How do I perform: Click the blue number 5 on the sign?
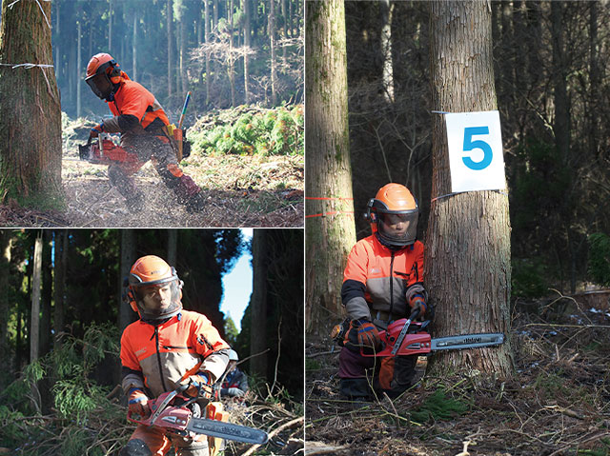click(x=477, y=148)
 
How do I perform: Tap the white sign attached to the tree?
click(x=475, y=151)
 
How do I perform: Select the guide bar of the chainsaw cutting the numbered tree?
click(x=467, y=341)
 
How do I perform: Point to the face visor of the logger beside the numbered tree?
click(x=397, y=228)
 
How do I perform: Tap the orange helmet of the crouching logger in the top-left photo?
click(x=99, y=64)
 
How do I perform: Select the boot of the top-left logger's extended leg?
click(x=189, y=188)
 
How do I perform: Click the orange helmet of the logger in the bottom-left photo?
click(x=151, y=269)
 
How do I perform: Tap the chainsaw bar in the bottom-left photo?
click(x=228, y=430)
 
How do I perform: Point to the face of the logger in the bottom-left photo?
click(x=155, y=298)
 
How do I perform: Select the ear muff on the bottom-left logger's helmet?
click(x=130, y=296)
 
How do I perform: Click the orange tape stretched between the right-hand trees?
click(x=329, y=207)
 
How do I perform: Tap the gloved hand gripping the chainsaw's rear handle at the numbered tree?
click(x=367, y=333)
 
